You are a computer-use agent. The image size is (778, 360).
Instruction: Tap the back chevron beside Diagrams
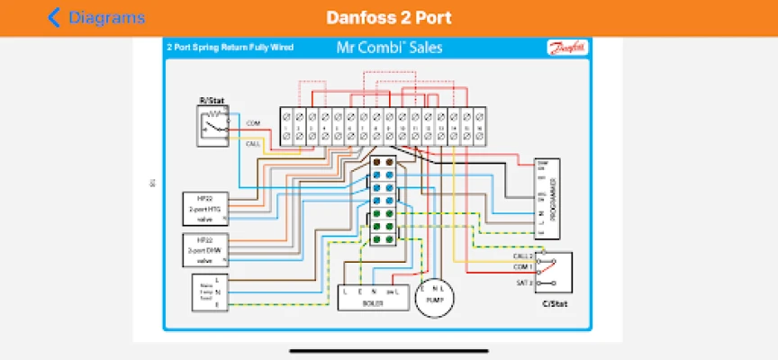pyautogui.click(x=54, y=17)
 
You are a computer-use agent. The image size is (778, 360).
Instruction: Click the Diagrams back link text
pyautogui.click(x=106, y=18)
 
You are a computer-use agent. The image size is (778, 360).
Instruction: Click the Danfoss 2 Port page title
pyautogui.click(x=389, y=18)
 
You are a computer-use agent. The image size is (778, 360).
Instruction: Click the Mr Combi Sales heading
pyautogui.click(x=388, y=47)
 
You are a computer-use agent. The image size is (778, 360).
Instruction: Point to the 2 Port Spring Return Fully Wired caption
pyautogui.click(x=230, y=47)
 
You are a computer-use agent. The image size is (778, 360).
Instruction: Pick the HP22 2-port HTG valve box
pyautogui.click(x=205, y=208)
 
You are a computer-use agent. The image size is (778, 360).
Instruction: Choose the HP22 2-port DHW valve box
pyautogui.click(x=205, y=249)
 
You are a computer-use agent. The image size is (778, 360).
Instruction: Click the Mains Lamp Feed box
pyautogui.click(x=205, y=293)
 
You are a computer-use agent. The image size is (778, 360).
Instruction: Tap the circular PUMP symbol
pyautogui.click(x=436, y=296)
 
